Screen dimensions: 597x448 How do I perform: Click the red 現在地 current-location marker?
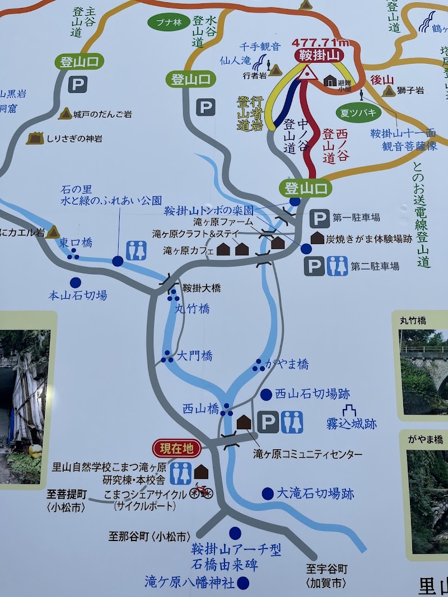pos(176,448)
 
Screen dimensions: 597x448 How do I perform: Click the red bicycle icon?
pos(201,491)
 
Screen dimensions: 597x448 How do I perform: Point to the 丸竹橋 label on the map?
pos(193,308)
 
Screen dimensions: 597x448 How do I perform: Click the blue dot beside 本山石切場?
pos(74,283)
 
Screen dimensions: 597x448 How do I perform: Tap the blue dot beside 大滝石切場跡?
pos(268,493)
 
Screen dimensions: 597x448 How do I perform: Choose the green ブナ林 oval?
pos(165,23)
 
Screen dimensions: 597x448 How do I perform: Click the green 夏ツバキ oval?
pos(358,112)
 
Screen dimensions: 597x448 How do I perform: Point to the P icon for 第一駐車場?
pos(320,218)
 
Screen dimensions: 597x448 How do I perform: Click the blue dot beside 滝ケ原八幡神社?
pos(243,582)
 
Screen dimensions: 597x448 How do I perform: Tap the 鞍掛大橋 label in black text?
pos(202,288)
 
